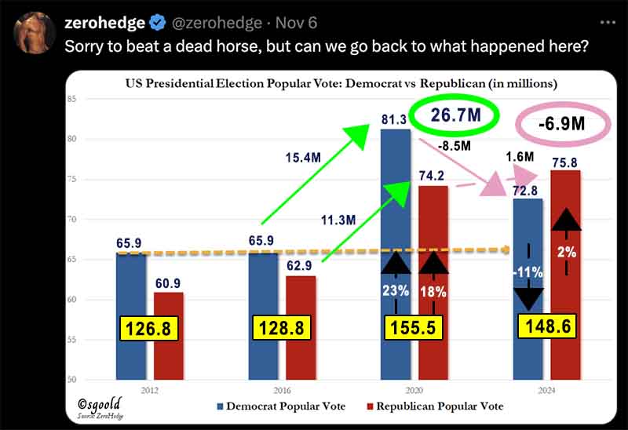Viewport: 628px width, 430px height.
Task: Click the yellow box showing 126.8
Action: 150,327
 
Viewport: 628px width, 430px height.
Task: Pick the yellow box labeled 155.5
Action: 414,327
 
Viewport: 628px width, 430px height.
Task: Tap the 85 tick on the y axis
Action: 71,99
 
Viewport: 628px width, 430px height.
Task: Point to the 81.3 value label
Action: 392,118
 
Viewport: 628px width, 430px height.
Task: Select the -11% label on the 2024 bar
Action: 528,272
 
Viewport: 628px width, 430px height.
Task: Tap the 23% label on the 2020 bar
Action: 396,290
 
